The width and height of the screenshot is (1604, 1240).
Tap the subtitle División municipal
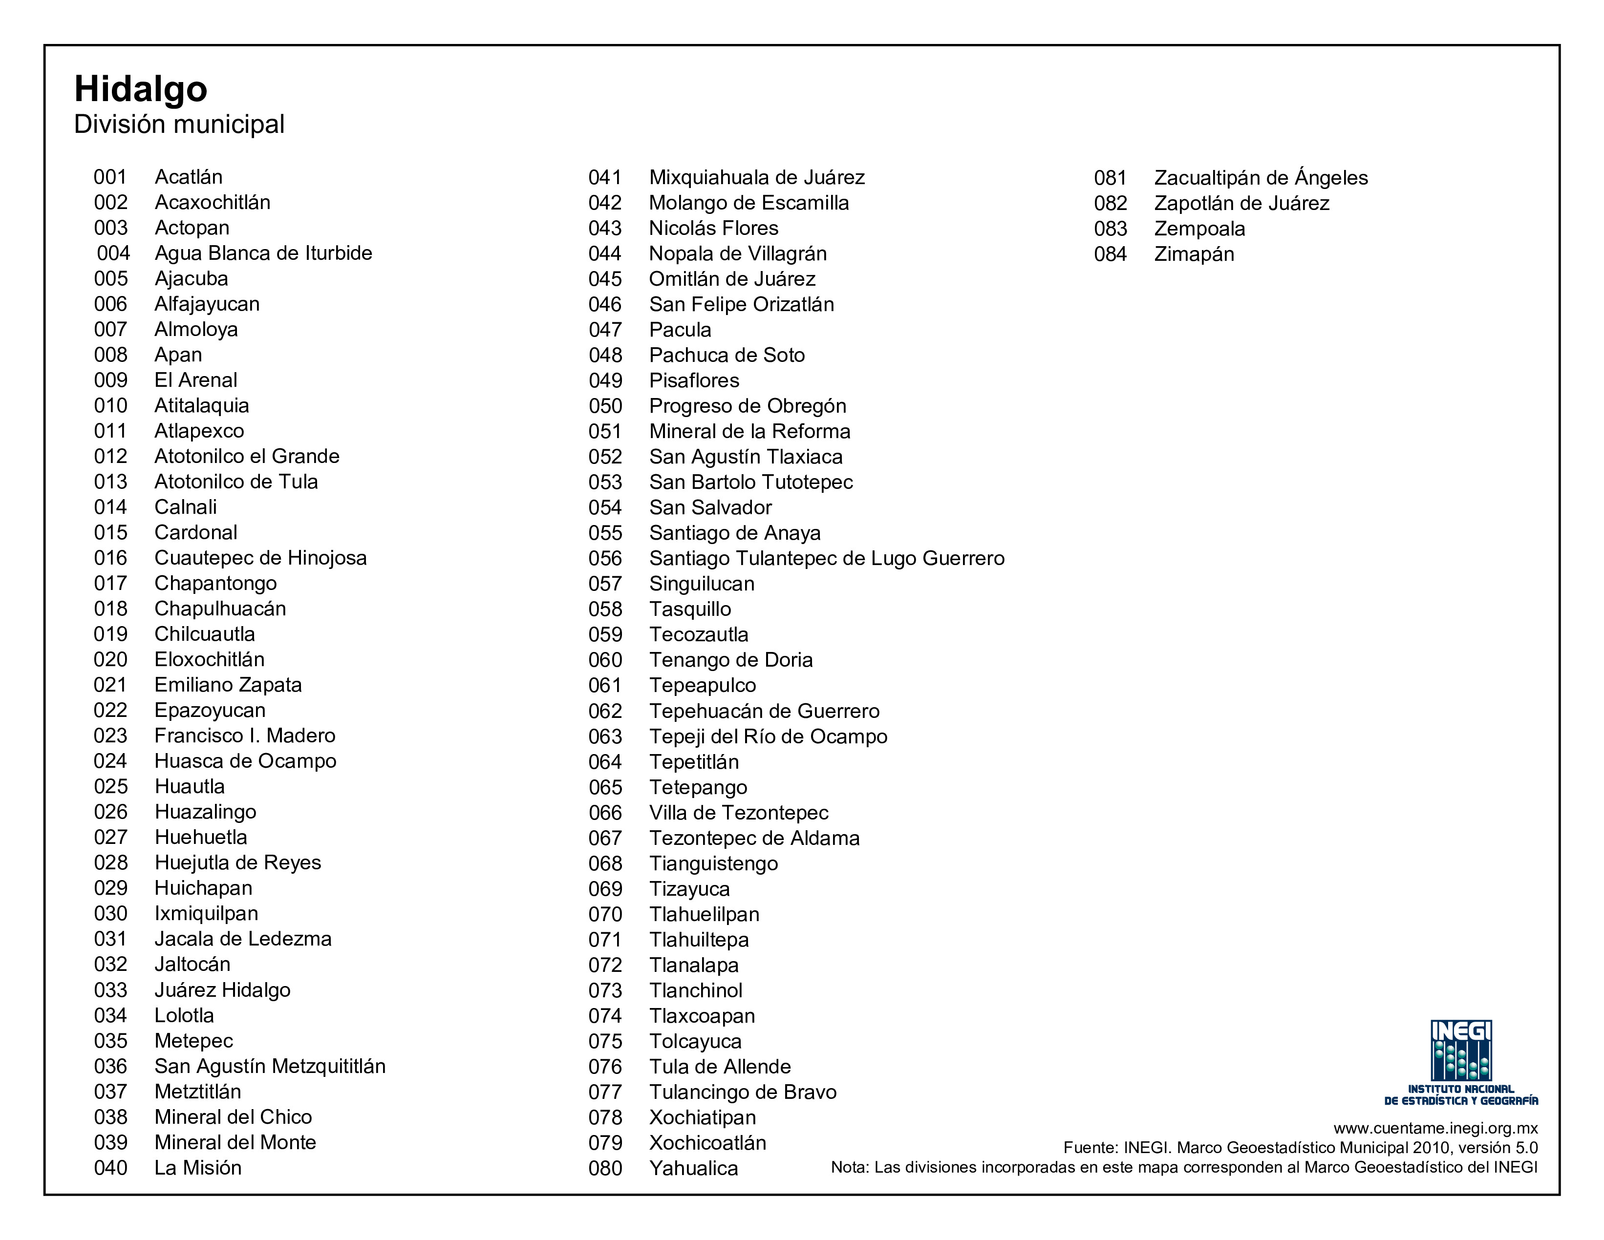(x=179, y=124)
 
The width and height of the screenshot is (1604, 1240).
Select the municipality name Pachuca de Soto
(x=727, y=356)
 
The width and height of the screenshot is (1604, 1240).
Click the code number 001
(x=110, y=177)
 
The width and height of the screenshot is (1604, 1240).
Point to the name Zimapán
(x=1194, y=254)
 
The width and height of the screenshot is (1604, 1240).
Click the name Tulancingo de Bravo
(x=743, y=1093)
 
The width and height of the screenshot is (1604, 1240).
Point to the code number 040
(x=110, y=1168)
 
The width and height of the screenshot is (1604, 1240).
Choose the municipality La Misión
(x=197, y=1168)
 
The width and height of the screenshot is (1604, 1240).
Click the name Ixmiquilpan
(x=206, y=914)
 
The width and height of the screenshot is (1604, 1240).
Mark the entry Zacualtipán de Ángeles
(x=1261, y=178)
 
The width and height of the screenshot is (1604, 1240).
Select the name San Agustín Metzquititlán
(x=270, y=1067)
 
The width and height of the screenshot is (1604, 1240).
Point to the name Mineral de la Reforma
(x=749, y=432)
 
